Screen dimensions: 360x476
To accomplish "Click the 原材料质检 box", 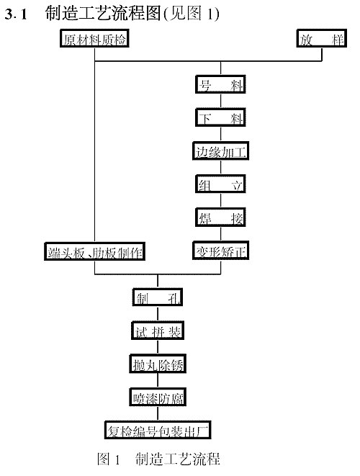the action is tap(94, 38).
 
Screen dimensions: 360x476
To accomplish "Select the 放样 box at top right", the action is tap(322, 38).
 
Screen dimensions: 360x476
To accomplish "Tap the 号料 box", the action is tap(220, 84).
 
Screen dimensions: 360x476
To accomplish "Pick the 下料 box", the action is tap(220, 117).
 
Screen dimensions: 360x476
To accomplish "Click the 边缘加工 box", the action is tap(220, 151).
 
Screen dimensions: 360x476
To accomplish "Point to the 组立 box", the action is tap(220, 184).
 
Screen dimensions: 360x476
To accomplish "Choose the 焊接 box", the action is tap(220, 217).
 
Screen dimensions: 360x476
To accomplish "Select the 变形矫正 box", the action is tap(220, 251).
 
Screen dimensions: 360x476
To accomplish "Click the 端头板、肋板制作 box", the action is tap(94, 251).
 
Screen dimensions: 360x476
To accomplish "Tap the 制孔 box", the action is tap(158, 297).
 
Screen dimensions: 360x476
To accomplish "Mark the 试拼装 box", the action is tap(158, 331).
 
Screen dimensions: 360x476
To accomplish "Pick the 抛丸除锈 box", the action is tap(158, 364).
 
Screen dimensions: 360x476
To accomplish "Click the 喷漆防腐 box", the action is tap(158, 397).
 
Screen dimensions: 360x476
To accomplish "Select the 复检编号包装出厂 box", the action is tap(158, 430).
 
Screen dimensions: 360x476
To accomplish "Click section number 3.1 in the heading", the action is tap(16, 14).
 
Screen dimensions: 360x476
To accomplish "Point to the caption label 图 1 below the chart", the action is tap(109, 459).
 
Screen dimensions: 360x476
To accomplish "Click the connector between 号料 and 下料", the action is tap(220, 101).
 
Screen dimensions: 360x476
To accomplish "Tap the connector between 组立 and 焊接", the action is tap(220, 201).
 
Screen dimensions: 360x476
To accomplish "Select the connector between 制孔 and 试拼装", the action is tap(158, 314).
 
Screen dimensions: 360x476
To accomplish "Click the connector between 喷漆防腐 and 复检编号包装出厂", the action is tap(158, 414).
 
